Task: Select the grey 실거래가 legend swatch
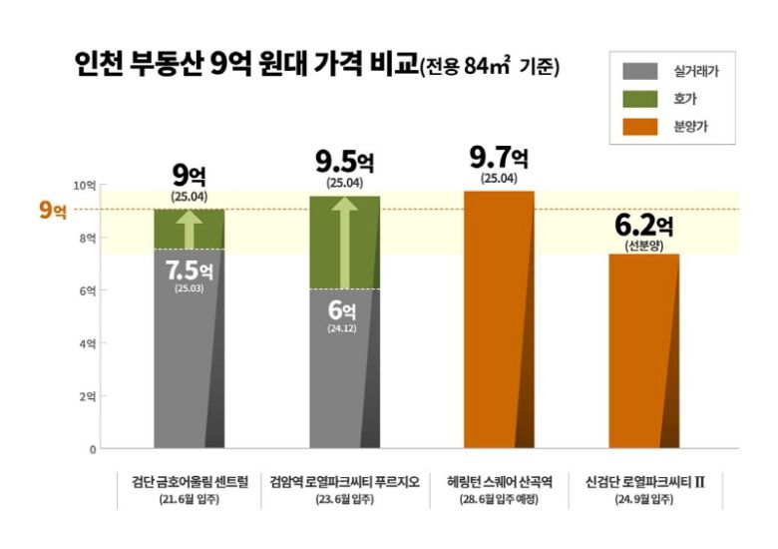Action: (x=640, y=71)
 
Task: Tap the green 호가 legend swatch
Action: (x=640, y=98)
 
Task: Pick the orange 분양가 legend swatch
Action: (x=640, y=126)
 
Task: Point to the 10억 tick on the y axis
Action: (x=86, y=186)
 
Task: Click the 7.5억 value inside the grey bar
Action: (x=190, y=271)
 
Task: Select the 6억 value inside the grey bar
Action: (x=342, y=310)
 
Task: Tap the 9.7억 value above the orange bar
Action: (x=499, y=160)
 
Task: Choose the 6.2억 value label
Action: (x=644, y=227)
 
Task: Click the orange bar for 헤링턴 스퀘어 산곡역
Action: (x=499, y=319)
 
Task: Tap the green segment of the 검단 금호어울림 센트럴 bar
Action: (x=190, y=229)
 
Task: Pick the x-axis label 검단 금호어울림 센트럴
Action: (x=190, y=480)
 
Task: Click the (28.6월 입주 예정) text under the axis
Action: (x=499, y=499)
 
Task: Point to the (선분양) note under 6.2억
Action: (x=644, y=247)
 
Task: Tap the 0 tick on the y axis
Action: (x=92, y=449)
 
